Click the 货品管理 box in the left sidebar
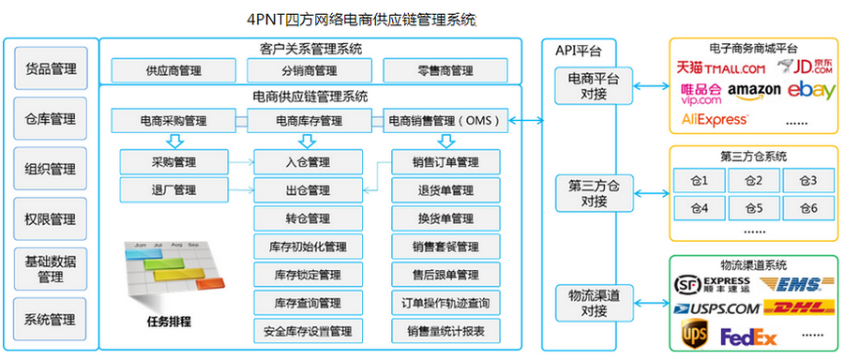[x=51, y=69]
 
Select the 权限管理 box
[x=51, y=219]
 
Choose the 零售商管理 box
[x=446, y=70]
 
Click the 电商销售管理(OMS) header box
[x=446, y=120]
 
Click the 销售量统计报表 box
[x=445, y=331]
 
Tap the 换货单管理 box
[x=445, y=218]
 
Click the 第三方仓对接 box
[x=594, y=191]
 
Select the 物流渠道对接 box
[x=594, y=304]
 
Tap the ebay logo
[x=811, y=90]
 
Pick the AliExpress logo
[x=715, y=119]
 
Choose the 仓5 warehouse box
[x=752, y=207]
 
